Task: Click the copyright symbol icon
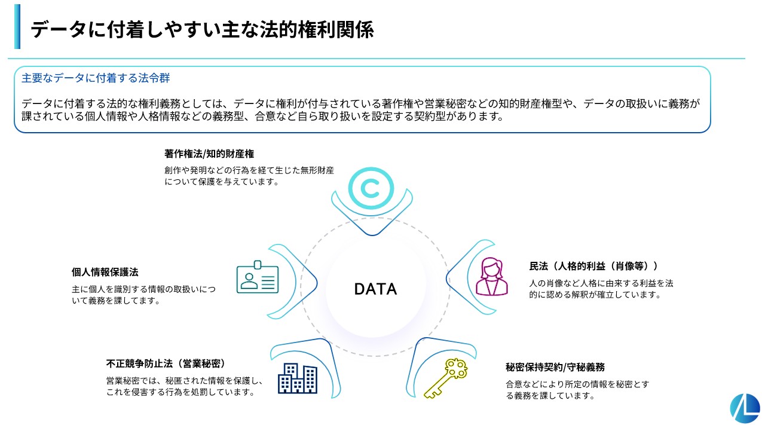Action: [371, 188]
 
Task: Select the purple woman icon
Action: [491, 276]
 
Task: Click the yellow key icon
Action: [446, 378]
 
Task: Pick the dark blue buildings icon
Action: [298, 378]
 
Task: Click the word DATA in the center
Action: [375, 289]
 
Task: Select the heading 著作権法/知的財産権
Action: [209, 154]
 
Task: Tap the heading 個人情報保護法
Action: [105, 272]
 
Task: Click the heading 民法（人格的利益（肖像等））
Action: [593, 266]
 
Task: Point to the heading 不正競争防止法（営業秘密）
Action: [166, 364]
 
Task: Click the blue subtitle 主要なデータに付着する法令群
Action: [96, 78]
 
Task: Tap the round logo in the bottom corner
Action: [745, 408]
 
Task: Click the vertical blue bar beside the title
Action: [17, 26]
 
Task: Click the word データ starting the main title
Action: [59, 30]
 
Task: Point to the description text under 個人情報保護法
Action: [143, 295]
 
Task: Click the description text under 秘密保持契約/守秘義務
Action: [577, 390]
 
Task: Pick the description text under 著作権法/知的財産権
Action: [249, 176]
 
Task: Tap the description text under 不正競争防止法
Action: [185, 386]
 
